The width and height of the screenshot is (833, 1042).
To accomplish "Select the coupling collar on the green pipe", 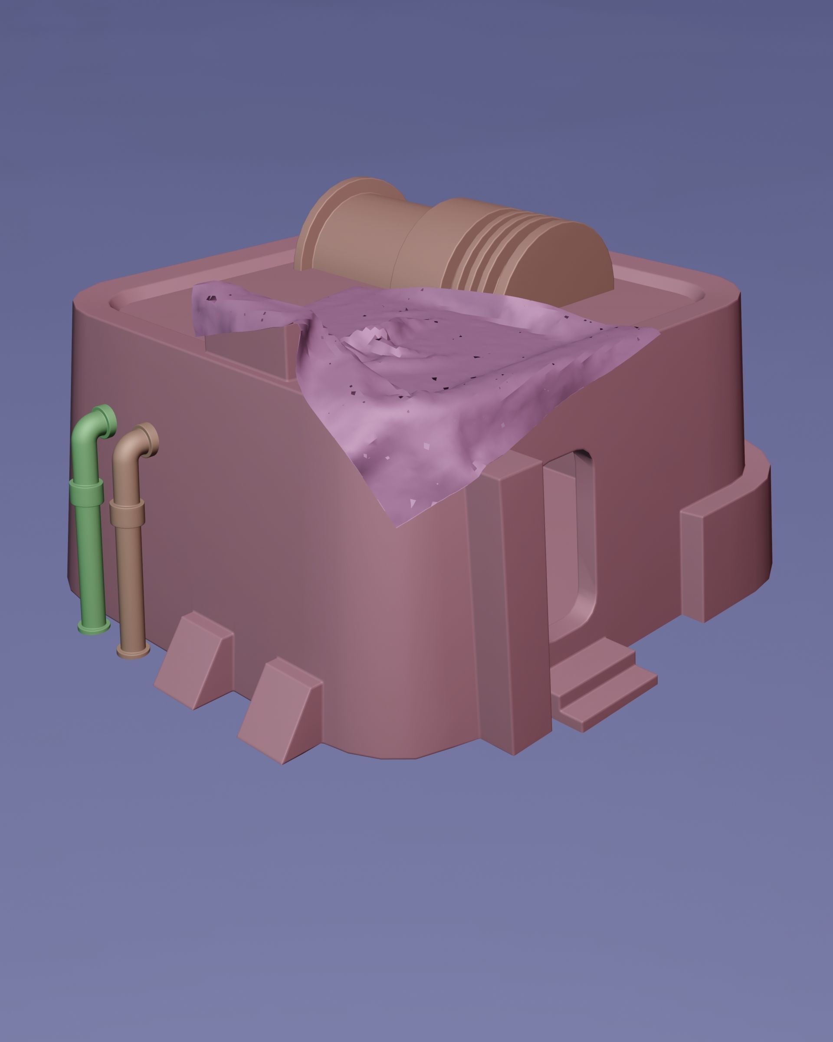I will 86,493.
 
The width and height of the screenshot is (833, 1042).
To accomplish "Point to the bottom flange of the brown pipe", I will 133,652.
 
